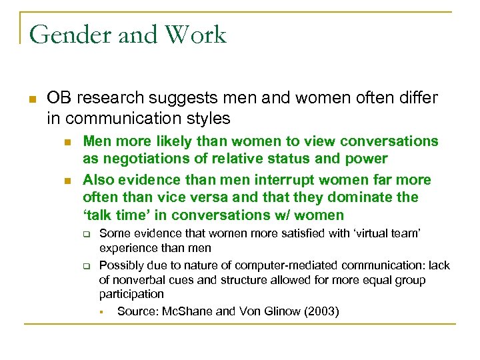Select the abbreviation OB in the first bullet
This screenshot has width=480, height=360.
pyautogui.click(x=59, y=98)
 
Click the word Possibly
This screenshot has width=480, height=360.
pyautogui.click(x=121, y=265)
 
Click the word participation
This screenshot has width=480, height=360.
pyautogui.click(x=131, y=294)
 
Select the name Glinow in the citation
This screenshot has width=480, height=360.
pyautogui.click(x=264, y=311)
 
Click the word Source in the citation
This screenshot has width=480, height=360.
pyautogui.click(x=135, y=311)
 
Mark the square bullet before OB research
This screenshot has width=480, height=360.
pyautogui.click(x=31, y=99)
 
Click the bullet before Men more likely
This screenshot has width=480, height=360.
pyautogui.click(x=67, y=142)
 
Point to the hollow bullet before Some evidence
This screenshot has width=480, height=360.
pyautogui.click(x=85, y=235)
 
